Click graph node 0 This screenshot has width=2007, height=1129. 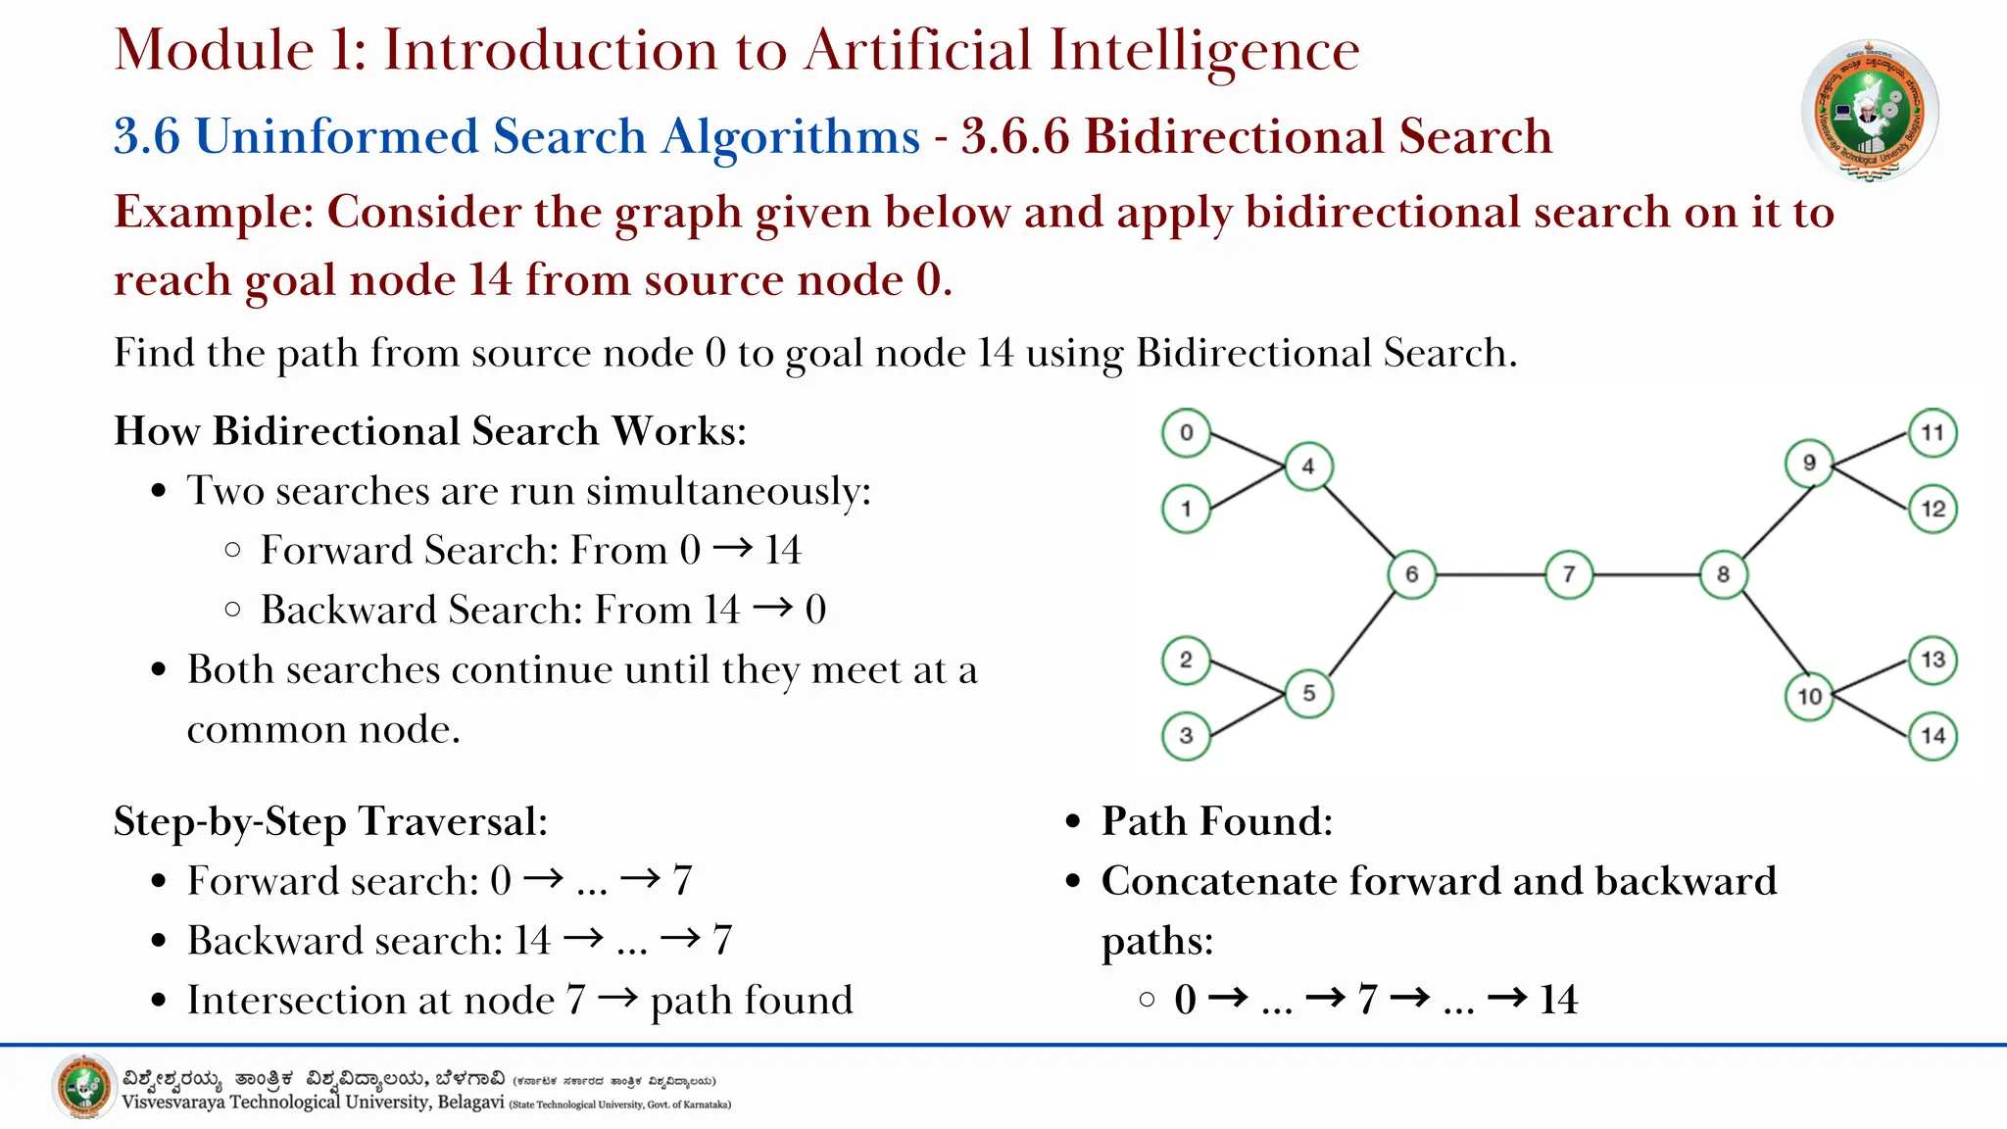point(1186,432)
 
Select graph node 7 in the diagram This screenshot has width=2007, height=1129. point(1568,574)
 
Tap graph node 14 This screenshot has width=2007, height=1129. point(1933,736)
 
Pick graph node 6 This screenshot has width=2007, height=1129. point(1411,574)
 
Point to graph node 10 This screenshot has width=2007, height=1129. point(1809,697)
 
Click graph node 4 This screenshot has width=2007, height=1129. point(1308,466)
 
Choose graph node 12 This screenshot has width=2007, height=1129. point(1933,509)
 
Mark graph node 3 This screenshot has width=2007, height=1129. point(1186,736)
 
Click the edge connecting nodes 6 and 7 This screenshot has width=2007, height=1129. point(1490,574)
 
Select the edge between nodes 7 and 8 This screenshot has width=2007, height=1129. point(1646,574)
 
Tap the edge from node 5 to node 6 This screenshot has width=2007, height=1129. point(1361,633)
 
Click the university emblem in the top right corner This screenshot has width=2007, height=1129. point(1870,111)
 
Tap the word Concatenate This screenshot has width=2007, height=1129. point(1218,881)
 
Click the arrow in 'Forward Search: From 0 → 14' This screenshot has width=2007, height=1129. point(733,549)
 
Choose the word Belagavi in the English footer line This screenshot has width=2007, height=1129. point(470,1103)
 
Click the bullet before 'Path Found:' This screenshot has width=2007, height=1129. point(1074,822)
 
